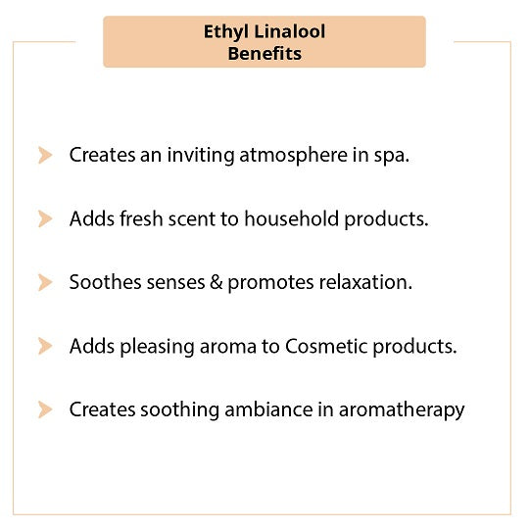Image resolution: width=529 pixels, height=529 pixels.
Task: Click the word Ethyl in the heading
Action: point(226,32)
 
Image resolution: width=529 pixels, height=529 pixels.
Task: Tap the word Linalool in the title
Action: point(290,31)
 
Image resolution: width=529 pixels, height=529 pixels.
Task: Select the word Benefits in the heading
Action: point(264,54)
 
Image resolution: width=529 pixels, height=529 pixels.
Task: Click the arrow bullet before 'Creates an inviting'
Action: point(45,155)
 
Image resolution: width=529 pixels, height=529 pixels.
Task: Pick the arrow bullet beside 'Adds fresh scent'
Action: point(45,219)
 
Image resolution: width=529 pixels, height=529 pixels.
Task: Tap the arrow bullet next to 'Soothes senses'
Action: point(45,282)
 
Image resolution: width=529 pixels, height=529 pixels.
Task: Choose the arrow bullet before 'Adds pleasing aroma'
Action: point(45,346)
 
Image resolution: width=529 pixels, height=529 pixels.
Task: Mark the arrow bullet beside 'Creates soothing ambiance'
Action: point(45,409)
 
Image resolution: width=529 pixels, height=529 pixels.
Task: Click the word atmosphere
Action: point(293,156)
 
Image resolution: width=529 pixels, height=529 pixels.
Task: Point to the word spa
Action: point(391,157)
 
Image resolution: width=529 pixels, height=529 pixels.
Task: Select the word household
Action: point(292,218)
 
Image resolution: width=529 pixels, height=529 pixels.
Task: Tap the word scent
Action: point(192,219)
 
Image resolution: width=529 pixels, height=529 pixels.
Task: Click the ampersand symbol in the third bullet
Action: point(216,282)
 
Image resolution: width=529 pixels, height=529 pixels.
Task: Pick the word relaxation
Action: point(365,282)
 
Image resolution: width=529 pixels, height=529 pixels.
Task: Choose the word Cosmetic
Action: point(326,347)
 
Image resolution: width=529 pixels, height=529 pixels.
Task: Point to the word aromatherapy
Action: point(402,410)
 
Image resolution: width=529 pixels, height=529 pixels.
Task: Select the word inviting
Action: point(201,156)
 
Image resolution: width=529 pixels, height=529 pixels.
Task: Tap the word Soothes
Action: point(105,282)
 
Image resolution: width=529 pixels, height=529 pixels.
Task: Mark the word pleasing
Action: point(157,347)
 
